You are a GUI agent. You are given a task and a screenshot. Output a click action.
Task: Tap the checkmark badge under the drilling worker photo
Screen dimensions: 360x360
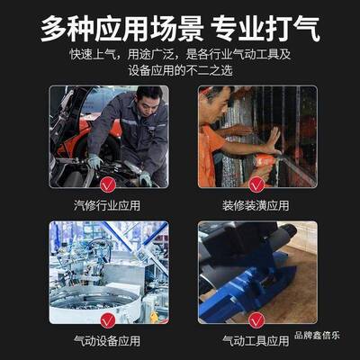tap(256, 185)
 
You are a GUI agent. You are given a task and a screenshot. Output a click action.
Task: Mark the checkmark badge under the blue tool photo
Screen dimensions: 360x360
tap(256, 319)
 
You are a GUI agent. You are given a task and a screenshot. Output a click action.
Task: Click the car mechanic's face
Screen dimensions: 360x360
tap(147, 96)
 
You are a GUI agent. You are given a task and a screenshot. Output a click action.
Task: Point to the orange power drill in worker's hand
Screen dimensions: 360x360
tap(265, 162)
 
